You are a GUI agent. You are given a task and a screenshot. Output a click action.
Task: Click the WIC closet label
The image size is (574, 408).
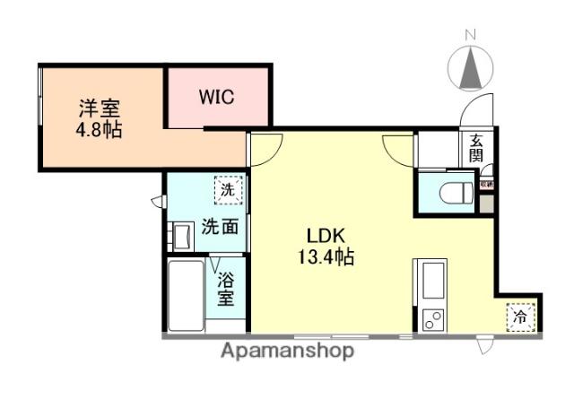click(217, 97)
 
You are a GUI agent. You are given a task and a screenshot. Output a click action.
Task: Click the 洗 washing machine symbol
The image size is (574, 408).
click(228, 190)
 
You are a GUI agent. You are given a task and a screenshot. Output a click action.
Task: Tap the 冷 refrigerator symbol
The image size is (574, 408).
click(521, 316)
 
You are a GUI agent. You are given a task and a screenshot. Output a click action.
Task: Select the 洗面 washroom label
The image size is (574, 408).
click(219, 227)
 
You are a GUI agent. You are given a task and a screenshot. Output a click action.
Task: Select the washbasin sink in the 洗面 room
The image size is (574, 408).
click(180, 237)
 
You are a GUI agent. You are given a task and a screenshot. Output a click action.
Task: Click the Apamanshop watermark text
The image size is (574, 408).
click(287, 351)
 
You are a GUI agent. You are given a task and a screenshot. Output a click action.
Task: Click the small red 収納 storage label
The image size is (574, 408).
click(486, 183)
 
